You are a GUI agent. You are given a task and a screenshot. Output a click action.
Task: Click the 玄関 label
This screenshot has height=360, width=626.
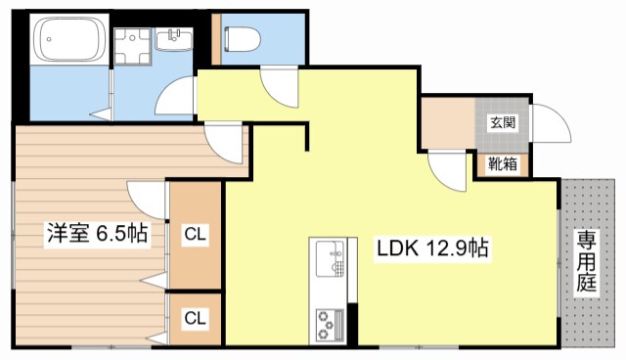pos(503,123)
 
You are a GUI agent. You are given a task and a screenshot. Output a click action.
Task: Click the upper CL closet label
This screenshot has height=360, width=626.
pos(196,235)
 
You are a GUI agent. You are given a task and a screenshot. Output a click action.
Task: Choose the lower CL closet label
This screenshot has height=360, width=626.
pos(196,317)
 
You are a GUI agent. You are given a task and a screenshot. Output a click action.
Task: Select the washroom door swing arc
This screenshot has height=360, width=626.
pos(178,98)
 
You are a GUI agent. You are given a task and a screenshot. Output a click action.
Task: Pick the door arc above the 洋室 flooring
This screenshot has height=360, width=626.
pos(224,143)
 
